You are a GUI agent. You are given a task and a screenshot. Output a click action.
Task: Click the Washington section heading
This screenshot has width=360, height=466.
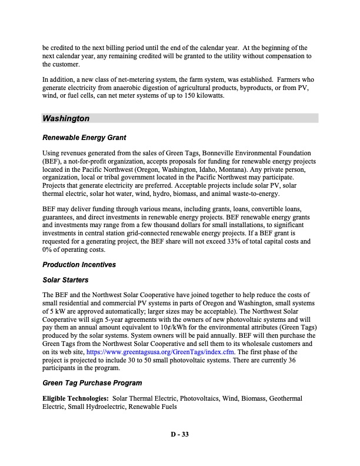(x=66, y=119)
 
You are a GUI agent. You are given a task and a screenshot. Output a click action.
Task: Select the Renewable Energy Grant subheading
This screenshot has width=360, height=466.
(x=84, y=138)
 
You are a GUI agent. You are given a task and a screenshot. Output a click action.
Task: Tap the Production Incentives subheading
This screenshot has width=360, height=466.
(x=79, y=265)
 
